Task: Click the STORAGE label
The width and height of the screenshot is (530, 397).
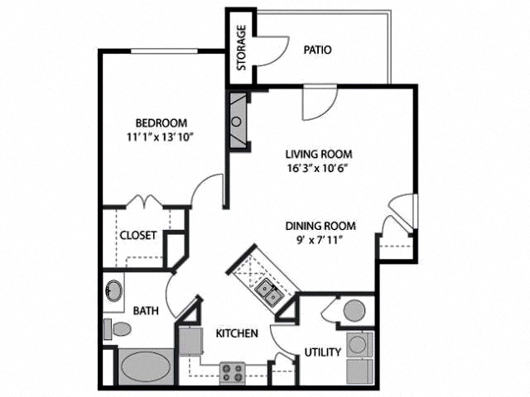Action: [x=242, y=48]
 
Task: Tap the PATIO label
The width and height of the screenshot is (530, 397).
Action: [x=317, y=50]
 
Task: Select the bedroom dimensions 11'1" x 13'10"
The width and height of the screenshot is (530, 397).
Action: [x=160, y=137]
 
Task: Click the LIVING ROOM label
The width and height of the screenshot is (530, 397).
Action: [x=319, y=155]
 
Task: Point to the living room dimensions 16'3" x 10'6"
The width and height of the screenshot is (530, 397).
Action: [x=317, y=168]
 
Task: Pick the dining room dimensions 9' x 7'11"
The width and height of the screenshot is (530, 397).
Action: [x=320, y=240]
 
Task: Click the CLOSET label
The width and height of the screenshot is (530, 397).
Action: [x=138, y=235]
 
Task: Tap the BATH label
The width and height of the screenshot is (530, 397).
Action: [x=146, y=311]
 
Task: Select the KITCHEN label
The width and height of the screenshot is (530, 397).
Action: [x=237, y=333]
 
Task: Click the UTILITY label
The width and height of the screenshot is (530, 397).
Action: [x=323, y=352]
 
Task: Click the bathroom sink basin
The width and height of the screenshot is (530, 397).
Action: [x=114, y=291]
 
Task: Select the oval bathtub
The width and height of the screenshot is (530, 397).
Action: [x=146, y=367]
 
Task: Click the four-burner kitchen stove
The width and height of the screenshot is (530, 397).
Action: [x=232, y=373]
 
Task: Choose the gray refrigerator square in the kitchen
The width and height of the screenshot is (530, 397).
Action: [x=191, y=341]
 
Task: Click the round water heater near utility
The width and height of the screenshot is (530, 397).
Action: [x=354, y=310]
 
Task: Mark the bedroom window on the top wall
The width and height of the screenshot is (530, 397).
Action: [x=164, y=51]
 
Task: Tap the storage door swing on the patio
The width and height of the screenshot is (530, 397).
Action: [x=273, y=51]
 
